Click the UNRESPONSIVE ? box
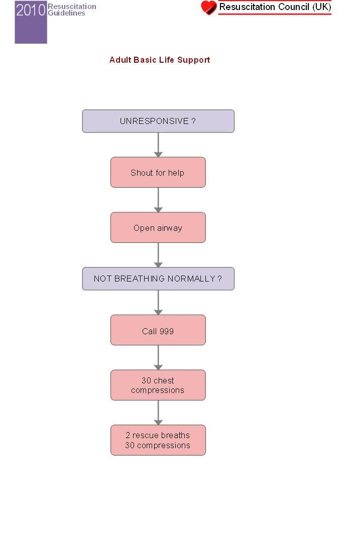pos(158,121)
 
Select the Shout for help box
pos(158,172)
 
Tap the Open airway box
pos(158,227)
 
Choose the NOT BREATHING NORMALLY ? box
pos(158,279)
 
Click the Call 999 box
pos(158,330)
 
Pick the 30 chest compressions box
pos(158,385)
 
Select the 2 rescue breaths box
pos(158,440)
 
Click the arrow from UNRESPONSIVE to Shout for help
pos(158,145)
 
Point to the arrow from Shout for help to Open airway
pos(158,200)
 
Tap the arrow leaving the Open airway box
pos(158,255)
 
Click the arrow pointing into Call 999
pos(158,303)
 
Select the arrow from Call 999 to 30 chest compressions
pos(158,358)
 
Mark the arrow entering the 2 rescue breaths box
pos(158,413)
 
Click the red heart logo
pos(209,8)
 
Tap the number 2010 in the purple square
pos(31,10)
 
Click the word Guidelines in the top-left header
pos(66,13)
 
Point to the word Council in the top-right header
pos(294,7)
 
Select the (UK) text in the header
pos(321,7)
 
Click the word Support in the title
pos(194,60)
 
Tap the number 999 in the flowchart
pos(167,331)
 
